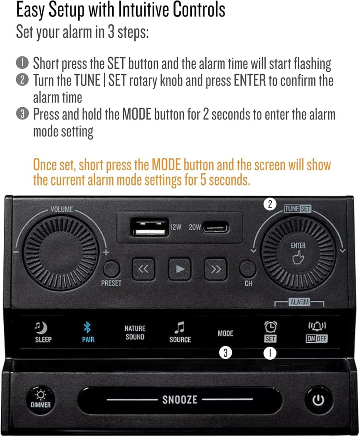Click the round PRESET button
pos(111,269)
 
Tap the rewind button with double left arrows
pos(143,269)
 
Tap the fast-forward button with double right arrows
pos(216,269)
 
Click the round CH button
pos(248,269)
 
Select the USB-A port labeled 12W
pos(150,227)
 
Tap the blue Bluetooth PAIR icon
pos(88,328)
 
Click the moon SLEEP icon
pos(43,328)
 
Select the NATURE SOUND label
pos(135,332)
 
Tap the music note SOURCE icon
pos(180,328)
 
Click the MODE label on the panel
pos(225,333)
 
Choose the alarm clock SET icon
pos(270,327)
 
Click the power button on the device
pos(318,400)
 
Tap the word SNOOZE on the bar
pos(180,399)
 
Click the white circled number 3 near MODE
pos(225,353)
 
